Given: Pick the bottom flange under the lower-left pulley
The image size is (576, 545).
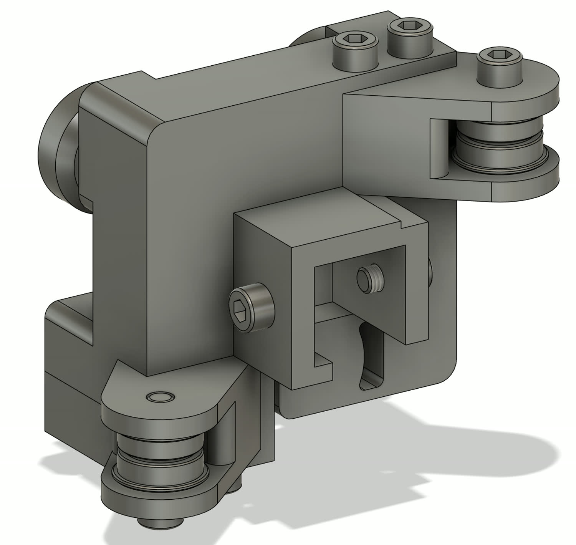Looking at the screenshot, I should click(154, 499).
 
